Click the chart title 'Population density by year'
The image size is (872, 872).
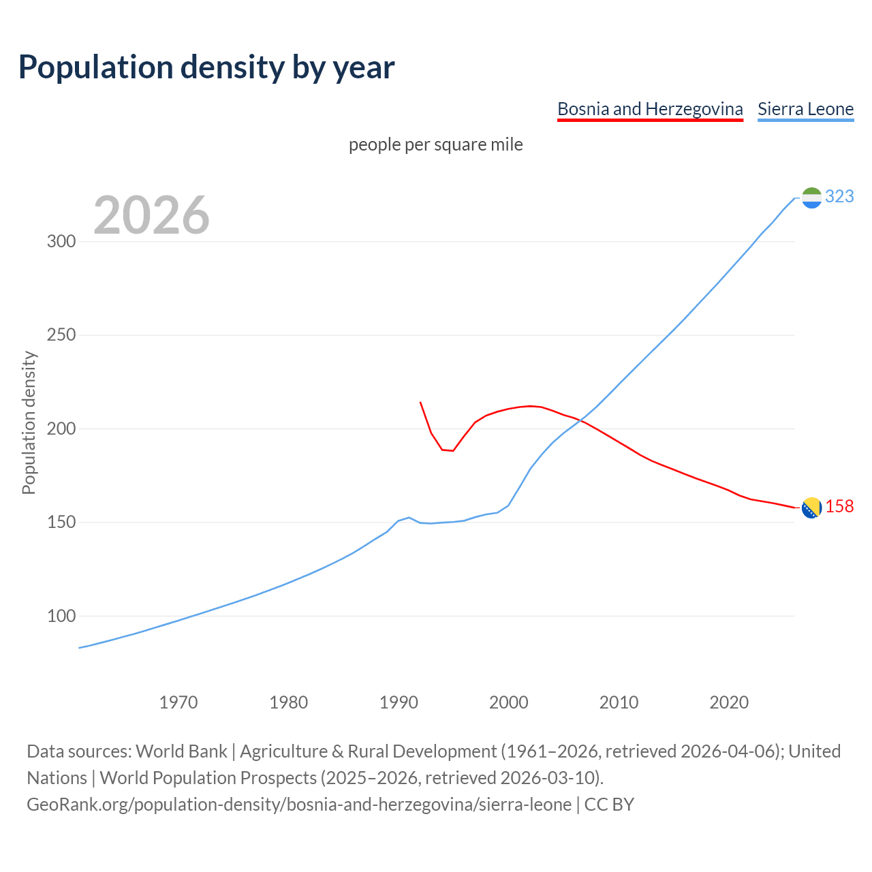click(x=206, y=67)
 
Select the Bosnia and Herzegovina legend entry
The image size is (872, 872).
click(x=650, y=109)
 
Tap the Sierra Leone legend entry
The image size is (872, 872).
click(x=805, y=109)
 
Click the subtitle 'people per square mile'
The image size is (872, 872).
click(x=436, y=144)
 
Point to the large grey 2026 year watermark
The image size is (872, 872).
click(x=151, y=215)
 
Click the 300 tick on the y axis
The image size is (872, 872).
click(x=61, y=242)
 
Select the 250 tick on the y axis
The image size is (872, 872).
click(x=61, y=335)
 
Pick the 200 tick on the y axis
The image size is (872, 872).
click(x=61, y=429)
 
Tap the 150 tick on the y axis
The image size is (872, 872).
click(x=61, y=523)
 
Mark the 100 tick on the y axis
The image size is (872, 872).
click(x=61, y=616)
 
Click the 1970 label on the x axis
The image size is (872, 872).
click(x=178, y=702)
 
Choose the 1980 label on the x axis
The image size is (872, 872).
click(x=289, y=702)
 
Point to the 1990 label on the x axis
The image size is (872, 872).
click(x=399, y=702)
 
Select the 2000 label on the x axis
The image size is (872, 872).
click(x=509, y=702)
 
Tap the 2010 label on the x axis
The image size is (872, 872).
click(x=619, y=702)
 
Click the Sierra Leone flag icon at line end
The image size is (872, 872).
click(x=811, y=198)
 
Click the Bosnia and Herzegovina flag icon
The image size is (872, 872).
click(x=811, y=508)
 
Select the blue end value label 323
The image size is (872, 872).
click(x=839, y=196)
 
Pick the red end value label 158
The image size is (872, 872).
click(x=839, y=507)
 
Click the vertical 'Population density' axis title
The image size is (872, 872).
click(x=29, y=422)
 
